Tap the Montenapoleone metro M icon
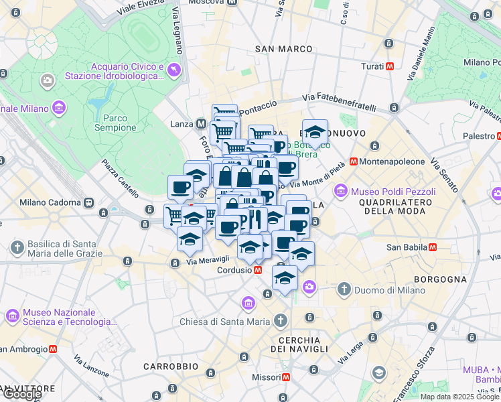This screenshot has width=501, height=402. pos(353,162)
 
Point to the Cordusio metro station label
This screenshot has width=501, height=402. pos(234,270)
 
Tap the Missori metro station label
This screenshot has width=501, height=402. pos(266,377)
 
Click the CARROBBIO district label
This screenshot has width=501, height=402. pos(171,366)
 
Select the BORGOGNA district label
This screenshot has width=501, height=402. pos(440,278)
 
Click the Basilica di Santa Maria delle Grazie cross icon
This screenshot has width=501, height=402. pos(15,247)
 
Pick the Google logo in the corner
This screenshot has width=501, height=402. pos(21,393)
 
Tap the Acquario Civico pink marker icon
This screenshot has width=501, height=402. pos(174,70)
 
